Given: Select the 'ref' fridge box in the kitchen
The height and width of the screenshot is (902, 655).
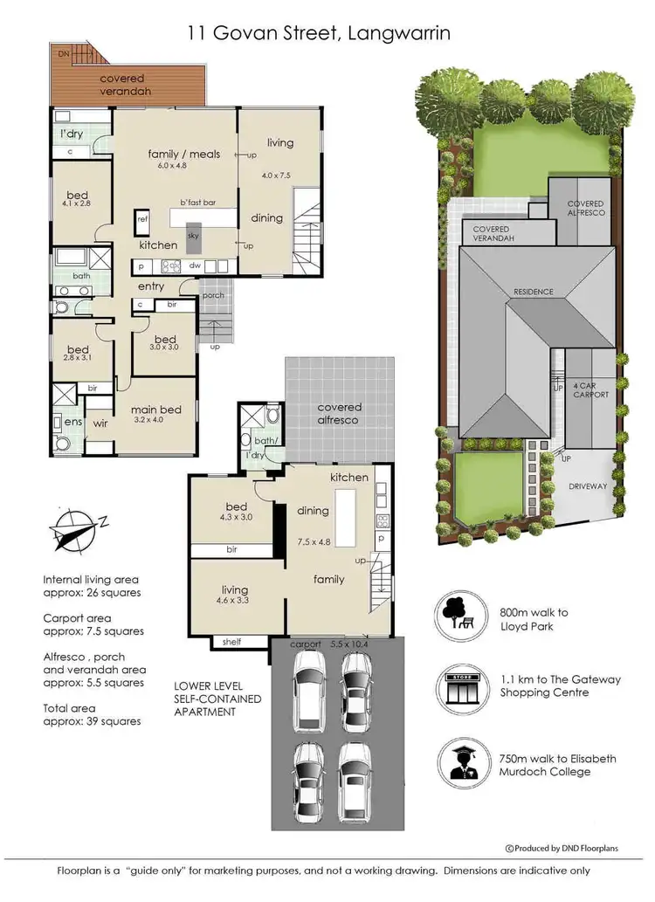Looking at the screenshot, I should pyautogui.click(x=142, y=222).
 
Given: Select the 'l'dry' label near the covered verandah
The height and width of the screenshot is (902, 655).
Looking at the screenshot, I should pyautogui.click(x=71, y=134).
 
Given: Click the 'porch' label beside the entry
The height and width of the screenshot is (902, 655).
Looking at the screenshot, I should pyautogui.click(x=213, y=295).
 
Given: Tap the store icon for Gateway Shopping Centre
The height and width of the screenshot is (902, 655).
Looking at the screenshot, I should pyautogui.click(x=458, y=685).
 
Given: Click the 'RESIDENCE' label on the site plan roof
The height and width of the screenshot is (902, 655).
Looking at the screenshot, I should pyautogui.click(x=533, y=292).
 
